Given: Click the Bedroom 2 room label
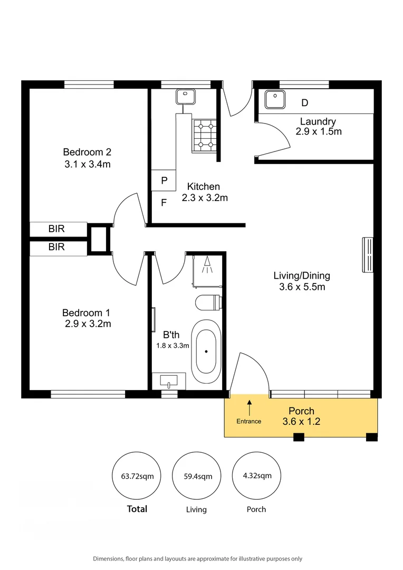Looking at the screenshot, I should point(87,152).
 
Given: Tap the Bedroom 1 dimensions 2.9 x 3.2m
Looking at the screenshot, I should point(87,324).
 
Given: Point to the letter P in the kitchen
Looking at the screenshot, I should point(164,180).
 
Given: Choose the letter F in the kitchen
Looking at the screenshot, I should point(164,202).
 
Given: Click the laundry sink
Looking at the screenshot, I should point(274,99).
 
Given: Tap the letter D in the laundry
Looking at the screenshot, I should point(305,102).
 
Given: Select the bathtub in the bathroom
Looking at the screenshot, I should point(206,351).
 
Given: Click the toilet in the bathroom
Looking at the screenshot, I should point(207,302).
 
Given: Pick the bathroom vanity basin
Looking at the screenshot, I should point(169,380).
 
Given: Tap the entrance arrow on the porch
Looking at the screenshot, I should point(250,407).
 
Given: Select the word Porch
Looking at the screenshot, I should point(301,411).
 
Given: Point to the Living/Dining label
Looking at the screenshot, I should point(302,275).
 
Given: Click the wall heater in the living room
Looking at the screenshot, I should point(368,255).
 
